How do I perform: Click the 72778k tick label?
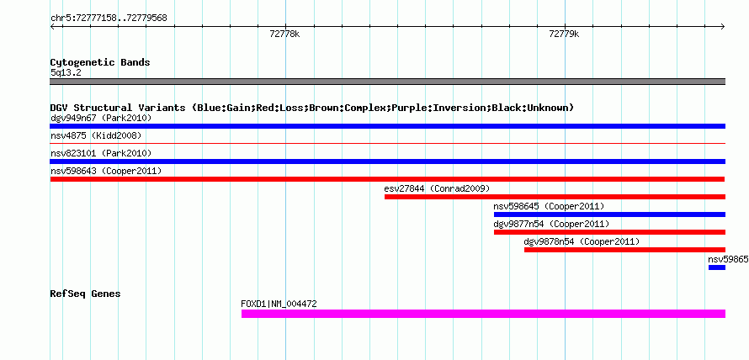click(284, 34)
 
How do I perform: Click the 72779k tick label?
click(564, 34)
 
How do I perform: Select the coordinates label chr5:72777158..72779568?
click(109, 19)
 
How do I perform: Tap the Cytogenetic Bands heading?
click(100, 62)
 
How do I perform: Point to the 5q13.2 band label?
click(65, 72)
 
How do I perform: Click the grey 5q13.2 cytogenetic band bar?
click(387, 82)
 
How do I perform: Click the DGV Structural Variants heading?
click(312, 108)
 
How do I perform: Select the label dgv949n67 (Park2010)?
click(101, 118)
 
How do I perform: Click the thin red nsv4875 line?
click(387, 143)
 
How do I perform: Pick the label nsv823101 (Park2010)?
click(101, 153)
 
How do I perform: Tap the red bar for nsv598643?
click(387, 179)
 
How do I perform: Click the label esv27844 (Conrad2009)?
click(437, 188)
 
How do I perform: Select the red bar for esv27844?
click(555, 197)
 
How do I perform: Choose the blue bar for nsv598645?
click(609, 214)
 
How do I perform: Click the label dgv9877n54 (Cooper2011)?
click(551, 224)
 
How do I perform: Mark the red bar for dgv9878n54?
click(624, 250)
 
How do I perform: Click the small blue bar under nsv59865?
click(716, 267)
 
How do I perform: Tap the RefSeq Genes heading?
click(85, 294)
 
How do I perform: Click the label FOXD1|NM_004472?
click(279, 304)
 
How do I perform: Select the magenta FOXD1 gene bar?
click(483, 314)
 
